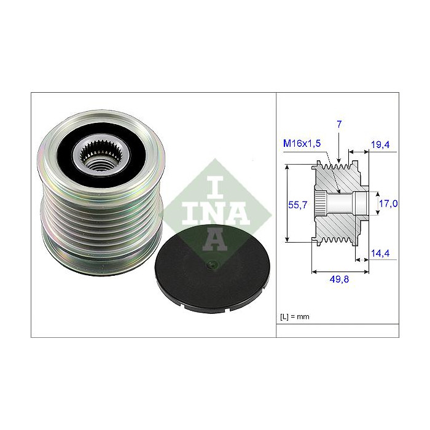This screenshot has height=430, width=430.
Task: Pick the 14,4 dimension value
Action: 380,252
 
